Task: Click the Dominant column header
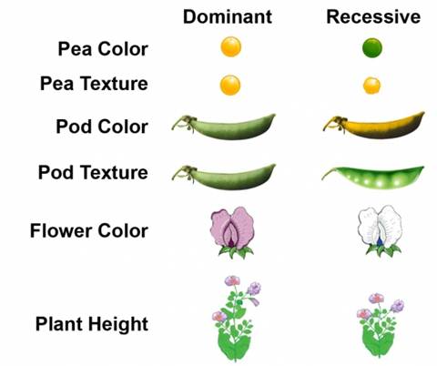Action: tap(228, 16)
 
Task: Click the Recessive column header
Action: tap(373, 16)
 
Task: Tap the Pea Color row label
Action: tap(103, 49)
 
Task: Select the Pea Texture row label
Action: tap(94, 84)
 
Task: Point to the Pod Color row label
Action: tap(102, 127)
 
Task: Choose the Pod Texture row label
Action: tap(93, 172)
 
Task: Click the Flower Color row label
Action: tap(89, 231)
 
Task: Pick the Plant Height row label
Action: tap(92, 324)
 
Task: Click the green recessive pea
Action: tap(372, 47)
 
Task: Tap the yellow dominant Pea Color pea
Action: tap(231, 46)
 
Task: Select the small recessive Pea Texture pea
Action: tap(371, 86)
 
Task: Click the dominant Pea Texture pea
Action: tap(230, 85)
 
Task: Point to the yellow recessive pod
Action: tap(374, 125)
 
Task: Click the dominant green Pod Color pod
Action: tap(224, 127)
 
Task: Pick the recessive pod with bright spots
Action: tap(373, 178)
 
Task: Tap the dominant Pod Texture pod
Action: tap(224, 178)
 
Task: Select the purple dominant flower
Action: tap(233, 232)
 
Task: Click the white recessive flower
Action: tap(381, 231)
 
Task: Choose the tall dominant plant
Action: tap(236, 319)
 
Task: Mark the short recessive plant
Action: tap(380, 325)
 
